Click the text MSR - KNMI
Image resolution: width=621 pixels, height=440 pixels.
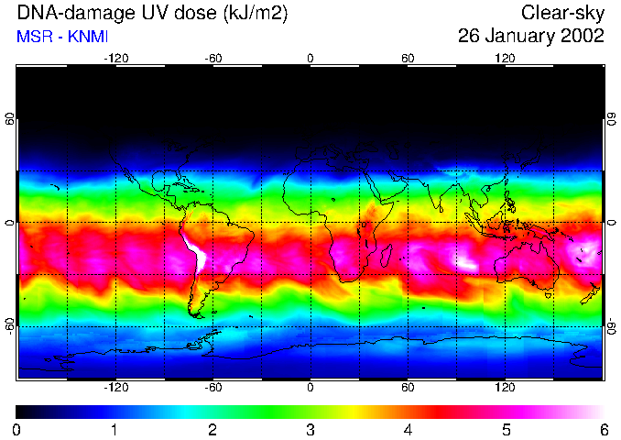(x=61, y=37)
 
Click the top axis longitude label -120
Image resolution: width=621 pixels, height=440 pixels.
(x=115, y=58)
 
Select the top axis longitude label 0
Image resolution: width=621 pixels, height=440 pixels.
(x=310, y=58)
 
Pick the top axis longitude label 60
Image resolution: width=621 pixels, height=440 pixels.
(x=408, y=58)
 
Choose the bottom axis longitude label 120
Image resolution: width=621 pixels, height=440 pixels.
(x=506, y=388)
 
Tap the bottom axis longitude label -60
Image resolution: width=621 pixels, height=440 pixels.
(x=212, y=388)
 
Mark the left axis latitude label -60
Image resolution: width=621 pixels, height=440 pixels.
(x=9, y=325)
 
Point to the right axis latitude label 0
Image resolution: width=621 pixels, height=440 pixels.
(x=611, y=223)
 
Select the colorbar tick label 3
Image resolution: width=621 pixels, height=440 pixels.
(x=310, y=429)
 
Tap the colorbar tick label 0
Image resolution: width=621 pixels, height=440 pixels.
(x=17, y=429)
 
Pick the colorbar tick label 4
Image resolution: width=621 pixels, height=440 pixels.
(x=409, y=429)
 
